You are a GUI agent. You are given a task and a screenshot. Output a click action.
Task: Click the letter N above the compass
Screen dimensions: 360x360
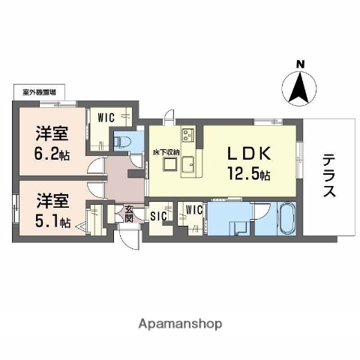pos(299,64)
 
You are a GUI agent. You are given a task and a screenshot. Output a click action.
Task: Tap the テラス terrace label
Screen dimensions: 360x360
pos(329,176)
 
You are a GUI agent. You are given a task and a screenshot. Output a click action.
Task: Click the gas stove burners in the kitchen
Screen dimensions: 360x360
pos(186,136)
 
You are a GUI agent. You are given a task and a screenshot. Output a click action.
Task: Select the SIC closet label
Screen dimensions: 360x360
pos(158,216)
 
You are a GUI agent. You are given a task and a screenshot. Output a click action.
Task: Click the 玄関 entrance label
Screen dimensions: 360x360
pos(129,214)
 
